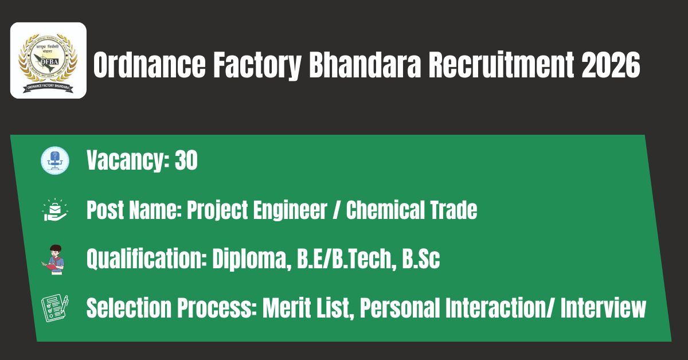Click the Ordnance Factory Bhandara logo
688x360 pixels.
[48, 61]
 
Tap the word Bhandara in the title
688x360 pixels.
[365, 65]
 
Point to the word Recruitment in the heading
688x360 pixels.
[501, 65]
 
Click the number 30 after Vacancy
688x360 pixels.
[186, 160]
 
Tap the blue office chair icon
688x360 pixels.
[55, 161]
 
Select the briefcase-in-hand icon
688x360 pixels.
[55, 210]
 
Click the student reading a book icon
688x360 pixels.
[54, 260]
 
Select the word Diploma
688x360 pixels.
[252, 259]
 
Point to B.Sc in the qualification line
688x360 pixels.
[421, 259]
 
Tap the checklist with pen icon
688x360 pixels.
[55, 308]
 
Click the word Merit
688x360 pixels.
[287, 308]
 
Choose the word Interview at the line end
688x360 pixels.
[604, 308]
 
